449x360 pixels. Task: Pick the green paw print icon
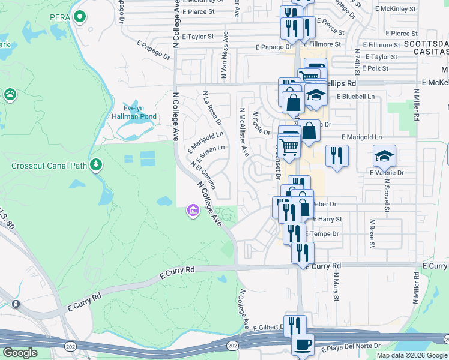(10, 94)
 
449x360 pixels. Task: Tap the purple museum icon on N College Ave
(193, 211)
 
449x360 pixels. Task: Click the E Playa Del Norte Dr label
(351, 347)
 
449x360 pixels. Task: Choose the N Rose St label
(372, 233)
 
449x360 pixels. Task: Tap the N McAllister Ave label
(244, 132)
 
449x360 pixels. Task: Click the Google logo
(20, 353)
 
